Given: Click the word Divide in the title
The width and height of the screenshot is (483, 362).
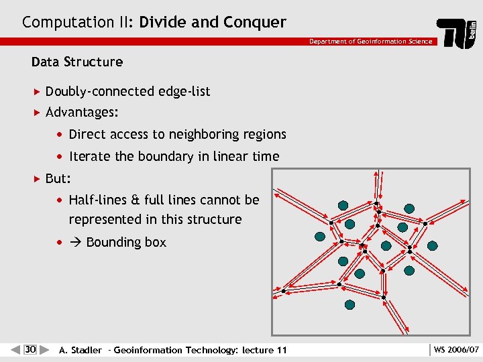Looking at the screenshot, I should [x=163, y=22].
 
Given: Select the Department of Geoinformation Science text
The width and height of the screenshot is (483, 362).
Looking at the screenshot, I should [x=370, y=42].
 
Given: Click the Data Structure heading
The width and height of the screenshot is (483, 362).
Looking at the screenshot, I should [x=77, y=62].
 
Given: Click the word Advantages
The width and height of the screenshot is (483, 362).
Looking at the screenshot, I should [x=79, y=112].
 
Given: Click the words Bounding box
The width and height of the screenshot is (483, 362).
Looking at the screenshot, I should [x=126, y=243].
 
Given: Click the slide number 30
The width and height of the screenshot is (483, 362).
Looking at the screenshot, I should [x=30, y=349].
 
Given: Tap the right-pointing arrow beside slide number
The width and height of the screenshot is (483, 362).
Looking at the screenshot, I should [x=44, y=349].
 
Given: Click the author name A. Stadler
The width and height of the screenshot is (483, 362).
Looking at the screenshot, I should [x=80, y=350].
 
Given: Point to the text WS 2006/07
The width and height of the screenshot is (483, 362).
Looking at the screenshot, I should [x=456, y=350].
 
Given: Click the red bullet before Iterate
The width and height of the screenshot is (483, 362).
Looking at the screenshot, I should [x=60, y=157].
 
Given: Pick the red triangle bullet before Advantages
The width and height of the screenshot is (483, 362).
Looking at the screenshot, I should [x=37, y=112].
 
